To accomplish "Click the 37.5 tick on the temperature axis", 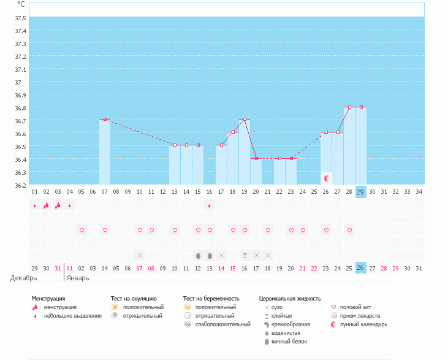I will pyautogui.click(x=21, y=17).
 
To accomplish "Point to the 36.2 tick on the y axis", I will pyautogui.click(x=21, y=185).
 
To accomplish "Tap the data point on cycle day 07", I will pyautogui.click(x=105, y=119).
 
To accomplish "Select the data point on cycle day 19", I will pyautogui.click(x=245, y=119).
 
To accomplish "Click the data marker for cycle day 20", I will pyautogui.click(x=256, y=158).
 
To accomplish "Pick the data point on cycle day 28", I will pyautogui.click(x=349, y=107).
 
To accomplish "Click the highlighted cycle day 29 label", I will pyautogui.click(x=360, y=191).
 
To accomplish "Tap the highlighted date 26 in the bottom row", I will pyautogui.click(x=360, y=267).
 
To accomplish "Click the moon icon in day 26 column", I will pyautogui.click(x=327, y=178).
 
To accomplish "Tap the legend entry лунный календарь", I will pyautogui.click(x=363, y=324).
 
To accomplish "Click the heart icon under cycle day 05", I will pyautogui.click(x=82, y=230).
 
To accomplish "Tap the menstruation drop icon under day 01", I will pyautogui.click(x=35, y=205).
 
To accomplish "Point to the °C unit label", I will pyautogui.click(x=21, y=4).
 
